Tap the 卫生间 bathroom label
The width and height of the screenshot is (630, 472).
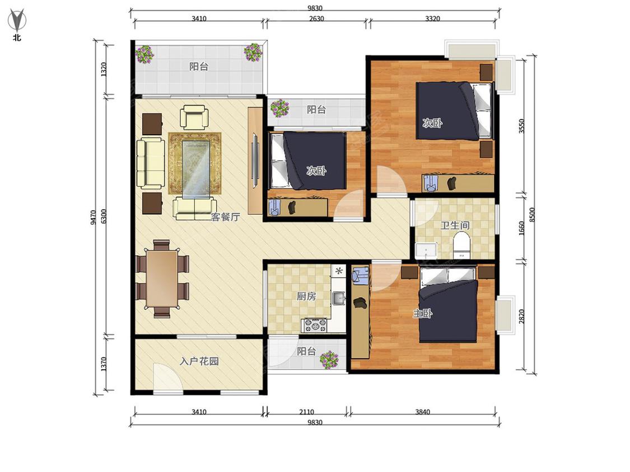[x=455, y=225]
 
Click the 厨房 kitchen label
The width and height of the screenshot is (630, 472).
[x=306, y=296]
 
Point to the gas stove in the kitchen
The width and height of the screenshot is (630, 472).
[x=315, y=325]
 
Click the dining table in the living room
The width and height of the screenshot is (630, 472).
[x=161, y=279]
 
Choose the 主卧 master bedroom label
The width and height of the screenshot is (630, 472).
[x=422, y=313]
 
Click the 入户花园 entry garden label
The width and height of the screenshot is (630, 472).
[x=199, y=361]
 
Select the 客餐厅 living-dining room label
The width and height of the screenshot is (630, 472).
[x=226, y=217]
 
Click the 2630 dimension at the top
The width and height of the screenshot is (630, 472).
[x=316, y=18]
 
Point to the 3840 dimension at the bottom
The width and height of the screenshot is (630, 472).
[x=422, y=412]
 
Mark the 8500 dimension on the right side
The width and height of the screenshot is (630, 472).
[x=532, y=215]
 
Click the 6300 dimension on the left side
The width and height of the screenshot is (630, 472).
[x=104, y=216]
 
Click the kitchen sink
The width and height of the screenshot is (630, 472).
[x=338, y=298]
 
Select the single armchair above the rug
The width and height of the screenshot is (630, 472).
[x=194, y=116]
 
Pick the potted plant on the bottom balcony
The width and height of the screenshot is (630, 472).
[x=329, y=360]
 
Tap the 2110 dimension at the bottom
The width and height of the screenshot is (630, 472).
[x=306, y=412]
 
